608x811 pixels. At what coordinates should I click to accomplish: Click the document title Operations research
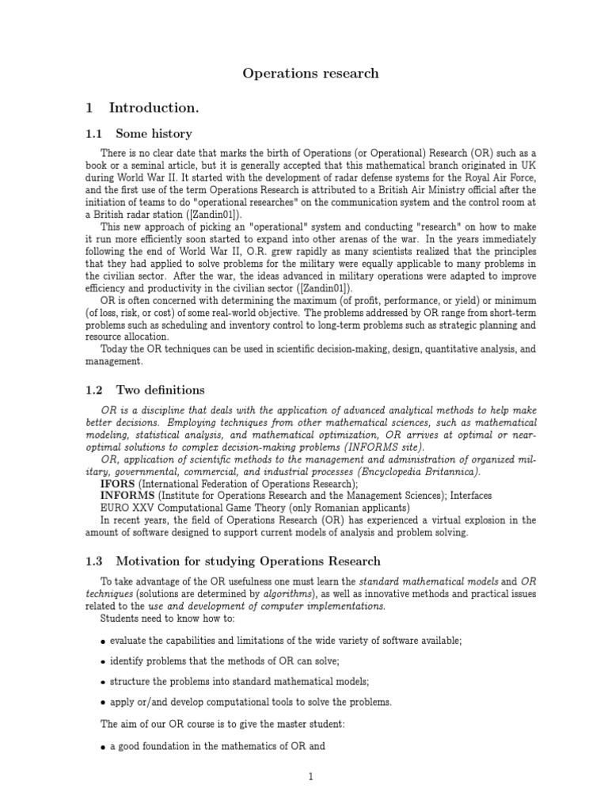[x=310, y=74]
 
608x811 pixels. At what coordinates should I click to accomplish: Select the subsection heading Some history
[x=154, y=134]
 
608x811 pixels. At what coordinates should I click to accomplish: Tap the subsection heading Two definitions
[x=160, y=390]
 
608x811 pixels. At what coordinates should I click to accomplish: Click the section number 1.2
[x=94, y=390]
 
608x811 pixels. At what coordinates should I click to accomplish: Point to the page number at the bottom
[x=312, y=777]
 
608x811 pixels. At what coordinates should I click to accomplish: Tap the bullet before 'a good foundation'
[x=104, y=747]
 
